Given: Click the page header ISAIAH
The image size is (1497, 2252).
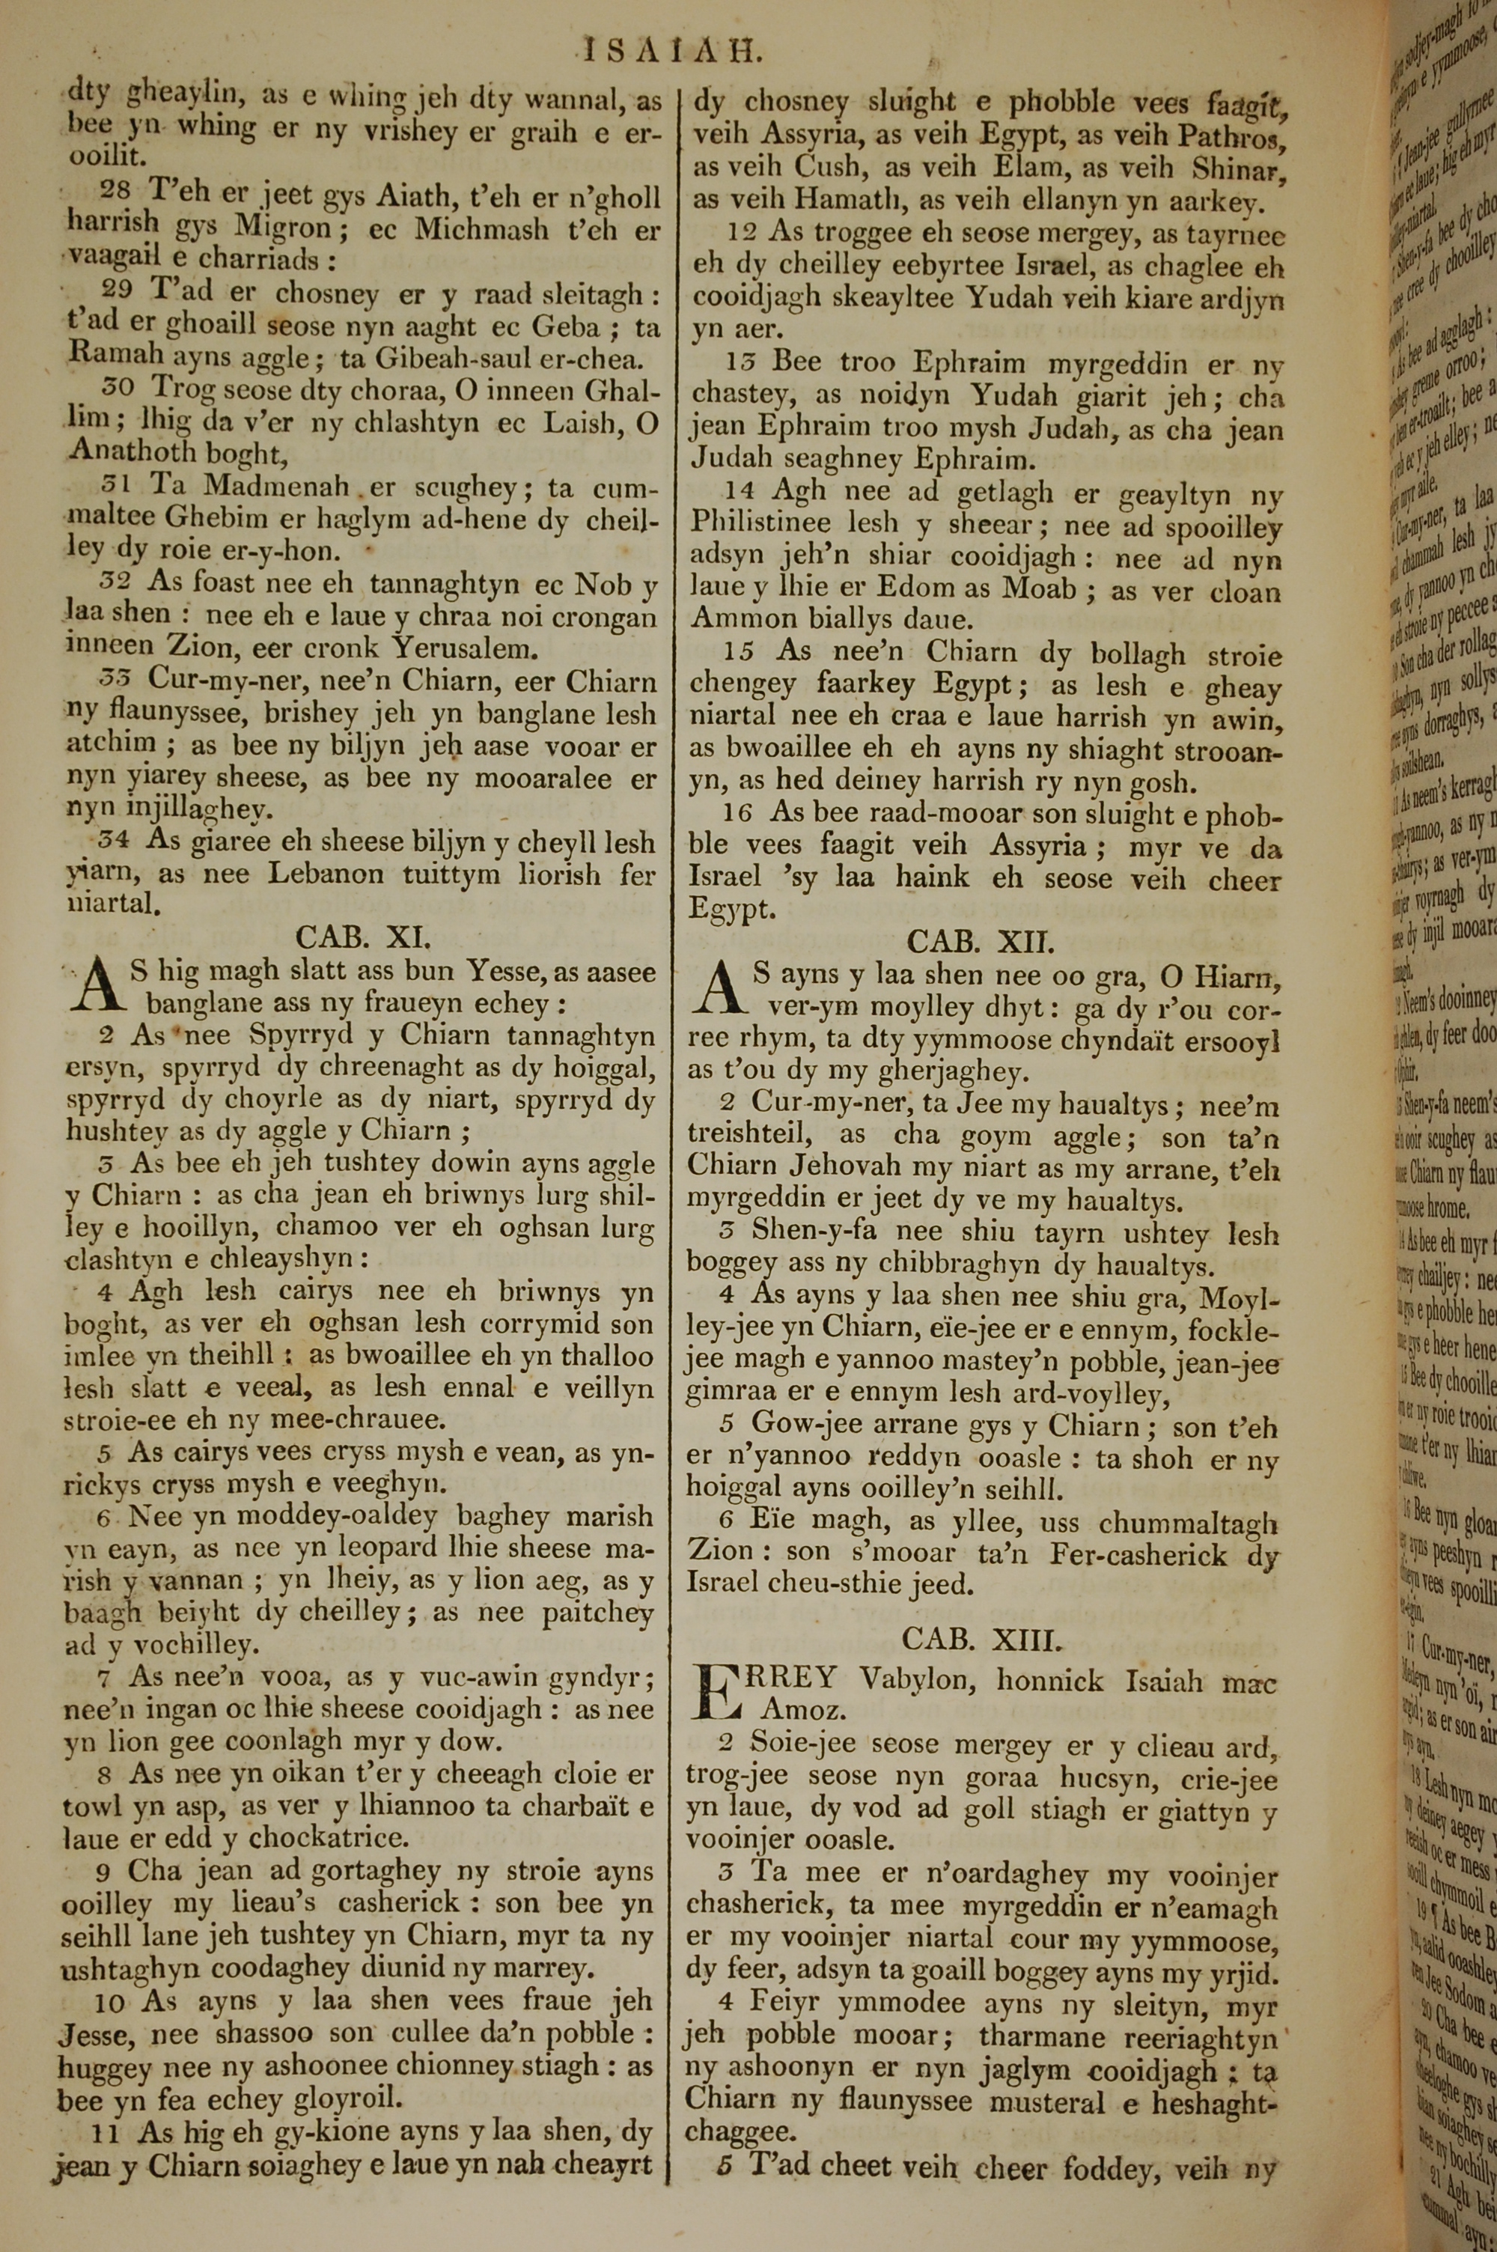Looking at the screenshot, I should click(672, 49).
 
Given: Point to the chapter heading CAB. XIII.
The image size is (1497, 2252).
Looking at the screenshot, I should click(981, 1640).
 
